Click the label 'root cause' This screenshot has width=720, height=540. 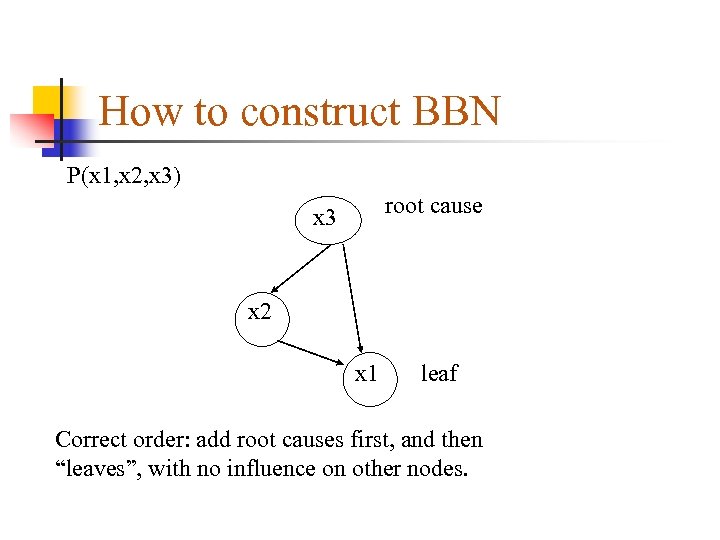[x=433, y=206]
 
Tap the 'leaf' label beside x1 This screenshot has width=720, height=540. [x=439, y=374]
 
